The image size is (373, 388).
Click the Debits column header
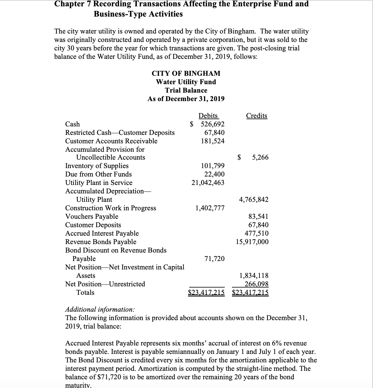point(208,116)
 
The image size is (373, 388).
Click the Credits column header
point(256,116)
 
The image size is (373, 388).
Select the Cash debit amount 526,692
point(212,124)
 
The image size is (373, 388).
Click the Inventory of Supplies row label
point(97,166)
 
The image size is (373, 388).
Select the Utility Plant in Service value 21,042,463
point(208,183)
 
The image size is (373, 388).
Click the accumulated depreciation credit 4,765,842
point(254,200)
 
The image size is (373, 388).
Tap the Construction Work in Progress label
point(111,208)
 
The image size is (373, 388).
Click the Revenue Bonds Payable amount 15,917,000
point(252,242)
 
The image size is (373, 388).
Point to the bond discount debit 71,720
point(214,259)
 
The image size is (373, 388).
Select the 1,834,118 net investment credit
point(254,276)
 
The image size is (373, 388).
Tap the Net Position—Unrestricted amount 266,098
point(256,284)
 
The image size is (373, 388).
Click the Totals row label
point(85,293)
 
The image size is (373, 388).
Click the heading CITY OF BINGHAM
point(186,74)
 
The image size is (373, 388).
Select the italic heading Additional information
point(100,310)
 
